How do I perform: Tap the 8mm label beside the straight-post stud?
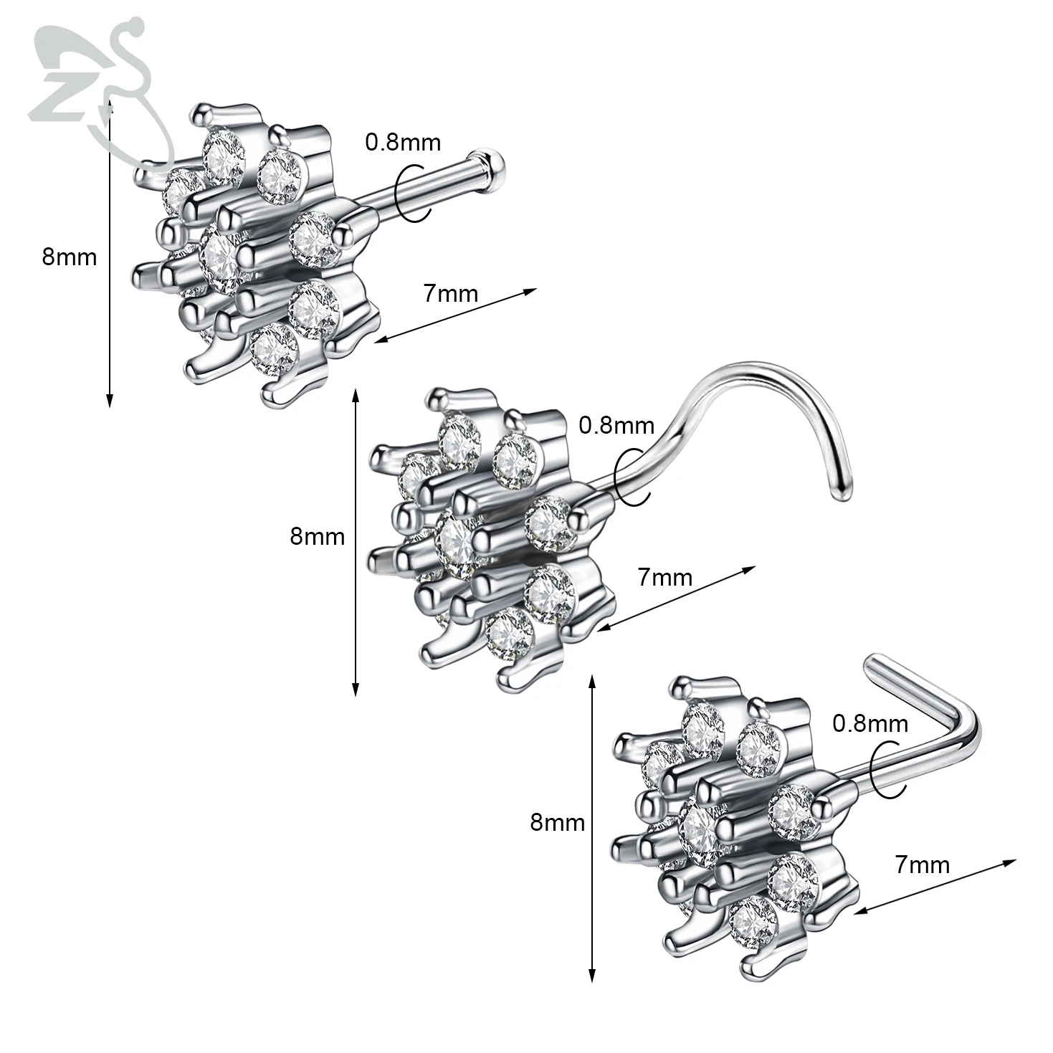coord(69,256)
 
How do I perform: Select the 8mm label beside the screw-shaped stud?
coord(317,535)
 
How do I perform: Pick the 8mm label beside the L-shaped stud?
coord(557,822)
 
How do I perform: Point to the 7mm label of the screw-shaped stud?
coord(664,577)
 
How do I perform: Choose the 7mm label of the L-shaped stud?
coord(922,864)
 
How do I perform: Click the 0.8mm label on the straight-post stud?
coord(403,142)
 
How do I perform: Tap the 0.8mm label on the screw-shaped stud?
coord(616,425)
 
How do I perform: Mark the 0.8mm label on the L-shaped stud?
coord(869,723)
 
